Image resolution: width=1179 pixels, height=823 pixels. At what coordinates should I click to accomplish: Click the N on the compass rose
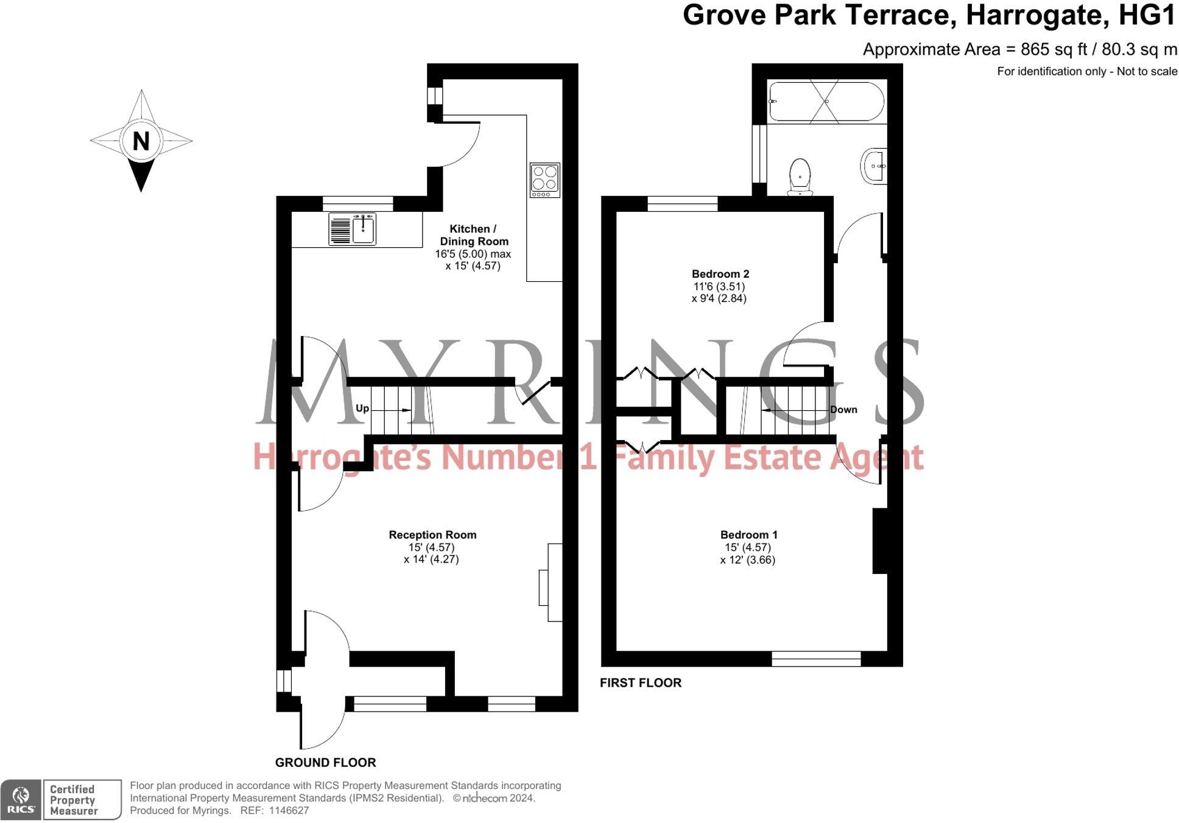(x=141, y=141)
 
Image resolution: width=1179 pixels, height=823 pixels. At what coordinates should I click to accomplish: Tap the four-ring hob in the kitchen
(x=544, y=180)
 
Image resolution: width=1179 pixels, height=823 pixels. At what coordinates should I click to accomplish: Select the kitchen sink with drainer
(x=352, y=228)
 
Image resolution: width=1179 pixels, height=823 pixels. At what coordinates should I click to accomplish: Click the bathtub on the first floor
(x=826, y=101)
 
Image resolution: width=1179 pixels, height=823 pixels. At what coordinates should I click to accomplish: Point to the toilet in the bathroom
(x=800, y=177)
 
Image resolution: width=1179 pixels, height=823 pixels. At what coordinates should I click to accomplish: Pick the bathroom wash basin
(x=874, y=165)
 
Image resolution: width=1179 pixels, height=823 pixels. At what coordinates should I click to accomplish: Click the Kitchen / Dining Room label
(x=473, y=235)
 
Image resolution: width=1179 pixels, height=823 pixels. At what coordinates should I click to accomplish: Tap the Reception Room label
(x=432, y=534)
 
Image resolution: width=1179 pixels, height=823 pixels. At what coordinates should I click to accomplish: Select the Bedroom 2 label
(x=720, y=274)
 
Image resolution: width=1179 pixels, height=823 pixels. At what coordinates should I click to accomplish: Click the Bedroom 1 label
(x=748, y=534)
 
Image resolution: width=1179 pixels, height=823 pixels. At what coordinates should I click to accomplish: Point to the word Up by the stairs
(x=362, y=408)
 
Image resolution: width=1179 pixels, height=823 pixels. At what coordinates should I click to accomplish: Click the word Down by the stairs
(x=843, y=410)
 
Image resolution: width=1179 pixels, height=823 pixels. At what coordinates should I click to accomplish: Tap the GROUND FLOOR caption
(x=325, y=762)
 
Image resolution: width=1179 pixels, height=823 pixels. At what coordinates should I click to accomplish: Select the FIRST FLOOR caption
(x=641, y=682)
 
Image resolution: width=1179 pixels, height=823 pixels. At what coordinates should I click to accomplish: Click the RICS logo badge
(x=21, y=799)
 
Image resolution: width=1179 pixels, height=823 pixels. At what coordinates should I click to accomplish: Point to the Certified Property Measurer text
(x=73, y=800)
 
